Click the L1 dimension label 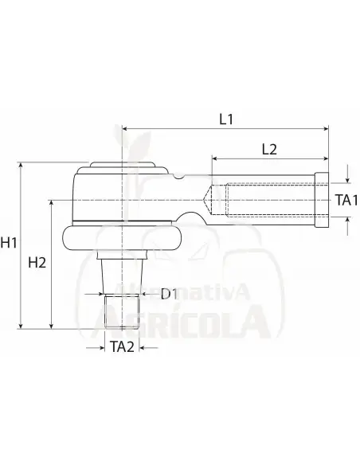226,119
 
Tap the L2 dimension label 269,150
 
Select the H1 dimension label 9,243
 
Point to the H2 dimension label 37,263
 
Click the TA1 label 346,200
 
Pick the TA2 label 122,346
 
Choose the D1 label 169,294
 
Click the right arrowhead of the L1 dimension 327,129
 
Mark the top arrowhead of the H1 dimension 21,165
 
